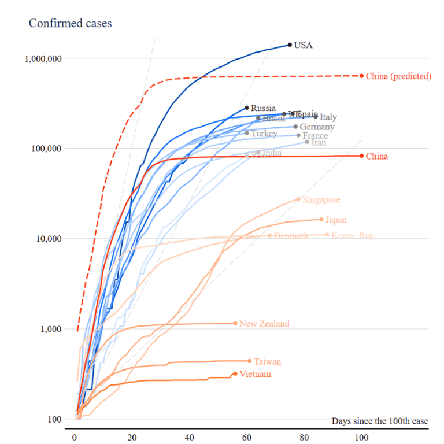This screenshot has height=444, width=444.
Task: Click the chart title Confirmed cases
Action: [x=71, y=24]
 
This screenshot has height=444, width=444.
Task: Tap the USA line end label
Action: [x=303, y=45]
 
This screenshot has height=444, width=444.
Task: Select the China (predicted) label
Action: [x=399, y=76]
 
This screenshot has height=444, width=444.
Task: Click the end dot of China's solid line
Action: [x=362, y=156]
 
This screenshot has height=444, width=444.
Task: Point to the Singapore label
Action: [x=321, y=200]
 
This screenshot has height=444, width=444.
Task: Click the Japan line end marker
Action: [x=321, y=220]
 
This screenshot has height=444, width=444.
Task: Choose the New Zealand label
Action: [x=264, y=324]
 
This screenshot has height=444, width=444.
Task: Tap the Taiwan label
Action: [x=267, y=362]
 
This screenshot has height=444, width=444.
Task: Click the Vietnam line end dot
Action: [x=235, y=373]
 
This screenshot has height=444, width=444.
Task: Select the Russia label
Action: [x=263, y=108]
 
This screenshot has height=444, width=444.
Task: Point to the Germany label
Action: [x=317, y=127]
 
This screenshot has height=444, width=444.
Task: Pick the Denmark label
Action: [x=291, y=236]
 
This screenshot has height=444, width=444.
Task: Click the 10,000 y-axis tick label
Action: [x=48, y=239]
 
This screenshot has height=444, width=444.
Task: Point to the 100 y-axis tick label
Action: [x=55, y=419]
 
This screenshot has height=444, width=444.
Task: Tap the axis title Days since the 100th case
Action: [x=380, y=421]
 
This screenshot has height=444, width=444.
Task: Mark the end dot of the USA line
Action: [x=290, y=45]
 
